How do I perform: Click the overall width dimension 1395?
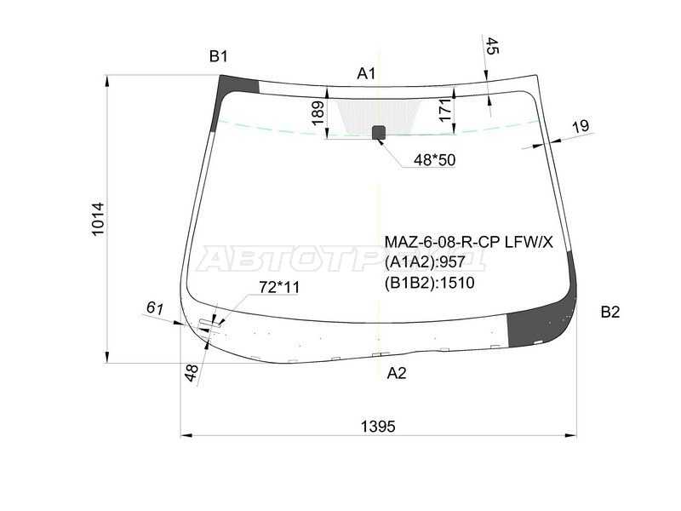pyautogui.click(x=378, y=427)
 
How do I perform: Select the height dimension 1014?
pyautogui.click(x=98, y=219)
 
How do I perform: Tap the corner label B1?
pyautogui.click(x=219, y=56)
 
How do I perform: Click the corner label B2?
pyautogui.click(x=610, y=312)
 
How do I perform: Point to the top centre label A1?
pyautogui.click(x=366, y=74)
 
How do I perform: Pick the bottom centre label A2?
pyautogui.click(x=397, y=373)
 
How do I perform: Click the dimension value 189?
pyautogui.click(x=318, y=113)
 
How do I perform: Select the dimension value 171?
pyautogui.click(x=445, y=111)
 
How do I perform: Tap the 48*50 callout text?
pyautogui.click(x=434, y=160)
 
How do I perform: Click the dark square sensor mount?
pyautogui.click(x=379, y=133)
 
